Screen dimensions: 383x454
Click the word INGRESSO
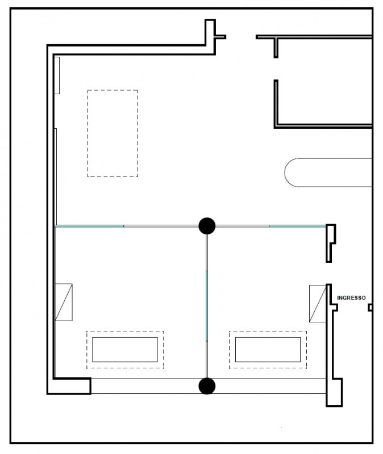(x=351, y=297)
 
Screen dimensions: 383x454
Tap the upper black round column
(x=207, y=226)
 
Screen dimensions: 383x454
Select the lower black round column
(x=207, y=386)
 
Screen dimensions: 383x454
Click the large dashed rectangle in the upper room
(x=88, y=133)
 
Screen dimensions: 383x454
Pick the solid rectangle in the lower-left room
(x=93, y=350)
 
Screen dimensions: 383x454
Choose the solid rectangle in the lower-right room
(x=235, y=350)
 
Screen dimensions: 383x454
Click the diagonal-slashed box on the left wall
(x=64, y=302)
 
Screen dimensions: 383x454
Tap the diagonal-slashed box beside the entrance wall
(x=318, y=304)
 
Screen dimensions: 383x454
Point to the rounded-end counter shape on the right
(x=285, y=173)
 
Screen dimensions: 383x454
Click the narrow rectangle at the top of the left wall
(x=57, y=75)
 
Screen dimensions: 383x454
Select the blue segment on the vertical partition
(x=207, y=306)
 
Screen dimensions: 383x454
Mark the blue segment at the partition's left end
(x=89, y=226)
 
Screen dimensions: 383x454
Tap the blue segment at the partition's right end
(x=297, y=226)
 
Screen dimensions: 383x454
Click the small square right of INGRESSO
(x=370, y=308)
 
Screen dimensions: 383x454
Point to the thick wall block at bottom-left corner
(x=69, y=386)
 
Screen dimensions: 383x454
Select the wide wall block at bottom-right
(x=334, y=392)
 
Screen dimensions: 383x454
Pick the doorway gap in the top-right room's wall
(x=276, y=69)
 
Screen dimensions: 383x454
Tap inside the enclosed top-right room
(x=324, y=82)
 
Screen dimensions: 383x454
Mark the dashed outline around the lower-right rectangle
(x=229, y=350)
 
